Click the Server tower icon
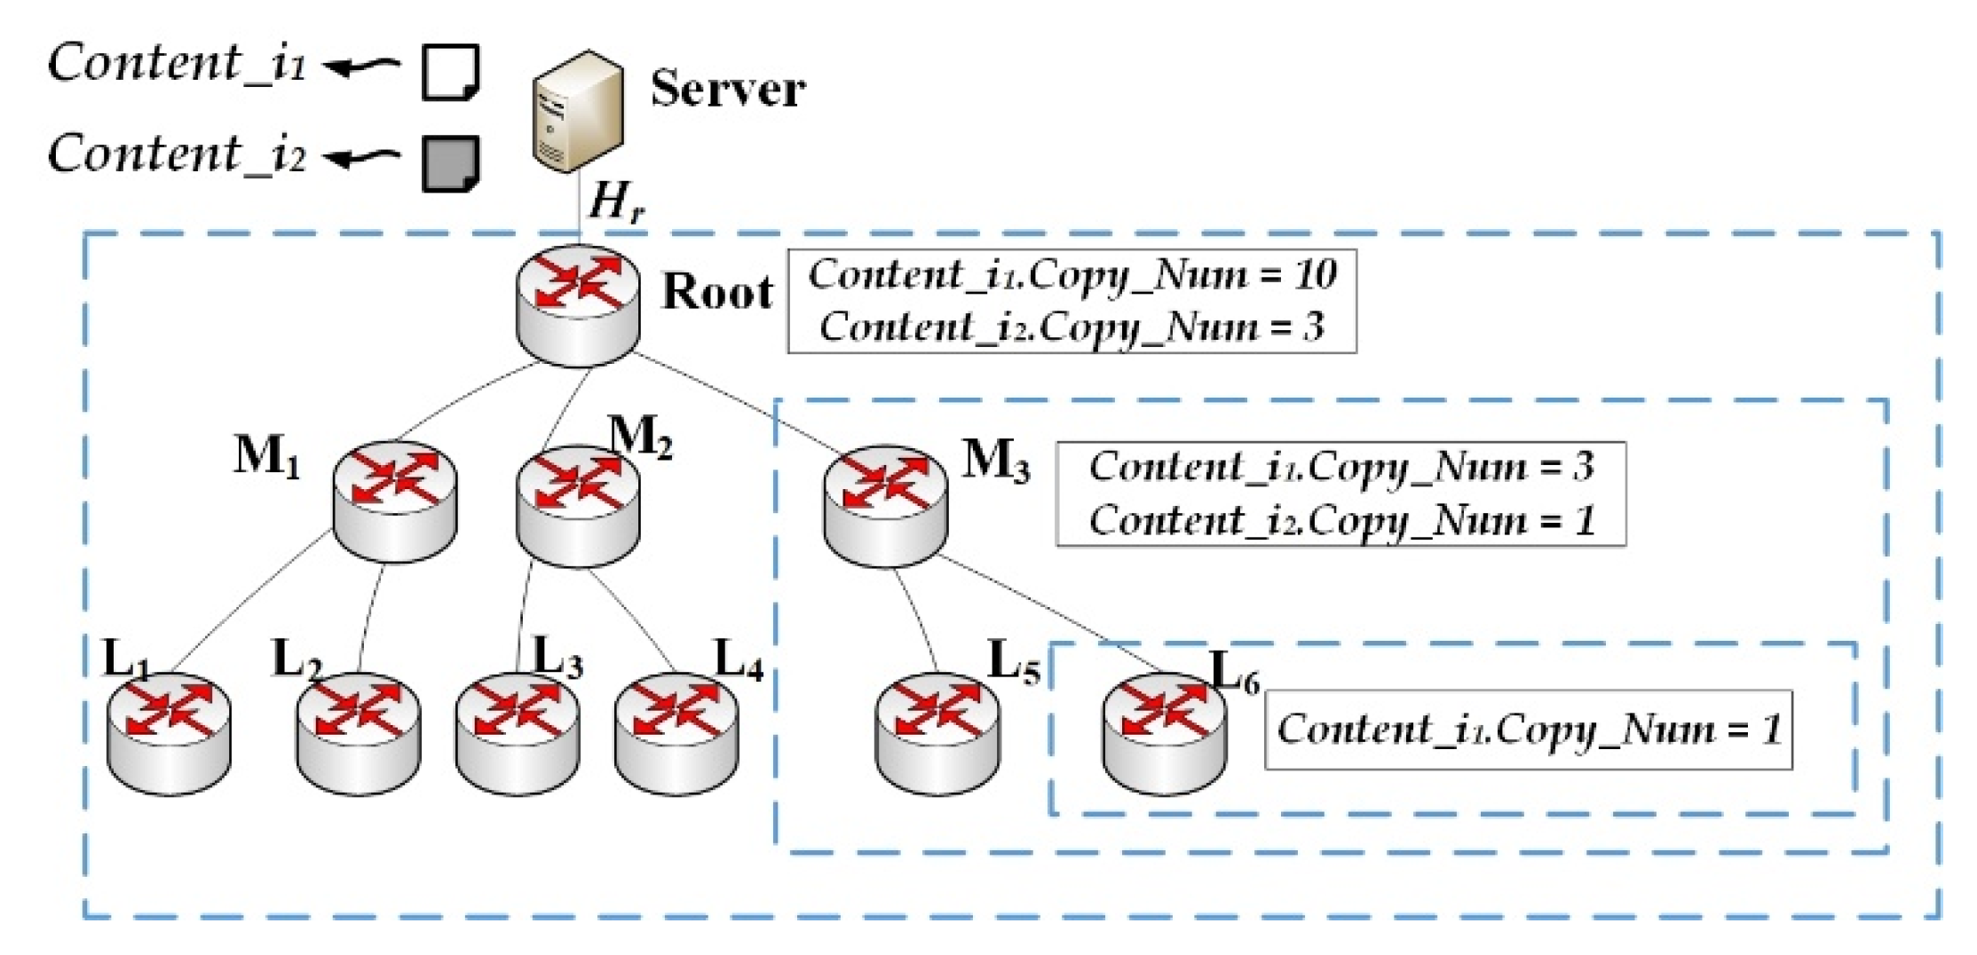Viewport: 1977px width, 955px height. point(577,111)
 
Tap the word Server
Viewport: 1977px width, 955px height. point(728,89)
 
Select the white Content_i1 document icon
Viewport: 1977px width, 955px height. point(451,72)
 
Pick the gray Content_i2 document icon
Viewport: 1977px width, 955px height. point(451,163)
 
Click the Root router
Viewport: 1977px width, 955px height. point(578,305)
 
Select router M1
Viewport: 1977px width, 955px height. point(395,501)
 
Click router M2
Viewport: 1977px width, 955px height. point(578,506)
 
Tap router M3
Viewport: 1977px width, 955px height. point(885,506)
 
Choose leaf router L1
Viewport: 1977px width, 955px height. point(169,734)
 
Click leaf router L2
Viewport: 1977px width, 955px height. point(359,734)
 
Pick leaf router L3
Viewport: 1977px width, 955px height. point(518,734)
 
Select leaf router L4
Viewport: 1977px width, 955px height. point(676,734)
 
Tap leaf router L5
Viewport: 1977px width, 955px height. point(937,734)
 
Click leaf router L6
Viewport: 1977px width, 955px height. point(1165,732)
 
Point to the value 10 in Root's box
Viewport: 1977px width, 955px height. point(1315,274)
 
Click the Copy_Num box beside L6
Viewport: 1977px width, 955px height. point(1528,730)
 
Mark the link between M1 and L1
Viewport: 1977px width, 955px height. point(251,601)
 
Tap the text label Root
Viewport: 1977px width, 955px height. point(717,291)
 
